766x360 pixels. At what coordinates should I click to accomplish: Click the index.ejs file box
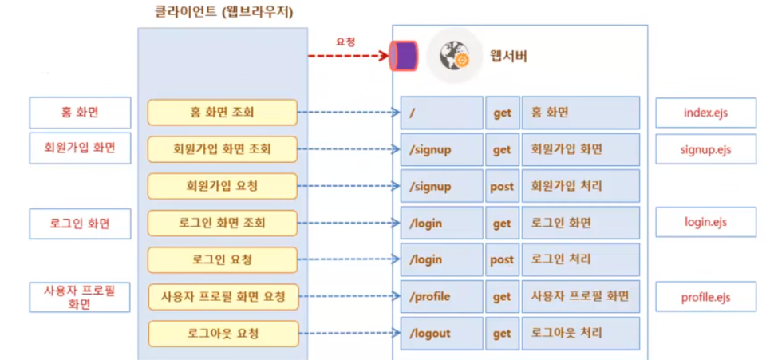tap(706, 113)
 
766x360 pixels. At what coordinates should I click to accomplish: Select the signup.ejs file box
tap(706, 149)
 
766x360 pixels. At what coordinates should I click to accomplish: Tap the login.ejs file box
tap(706, 223)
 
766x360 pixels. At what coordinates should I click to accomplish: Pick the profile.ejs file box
tap(706, 298)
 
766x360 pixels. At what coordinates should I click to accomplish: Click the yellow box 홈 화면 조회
tap(223, 113)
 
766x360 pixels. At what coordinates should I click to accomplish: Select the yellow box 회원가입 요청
tap(223, 186)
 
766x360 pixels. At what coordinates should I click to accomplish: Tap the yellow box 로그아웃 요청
tap(223, 333)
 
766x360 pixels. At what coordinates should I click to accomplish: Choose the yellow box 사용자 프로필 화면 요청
tap(223, 298)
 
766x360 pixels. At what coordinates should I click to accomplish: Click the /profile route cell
tap(442, 297)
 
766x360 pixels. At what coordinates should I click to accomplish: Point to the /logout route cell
tap(442, 333)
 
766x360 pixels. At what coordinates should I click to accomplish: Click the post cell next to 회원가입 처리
tap(502, 186)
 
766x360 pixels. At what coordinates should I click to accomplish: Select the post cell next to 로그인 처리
tap(502, 259)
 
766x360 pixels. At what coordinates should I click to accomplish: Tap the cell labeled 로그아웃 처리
tap(581, 333)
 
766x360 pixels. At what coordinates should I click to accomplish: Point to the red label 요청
tap(345, 40)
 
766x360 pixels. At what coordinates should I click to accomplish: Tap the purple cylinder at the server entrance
tap(404, 57)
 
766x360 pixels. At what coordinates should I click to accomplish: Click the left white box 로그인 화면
tap(80, 224)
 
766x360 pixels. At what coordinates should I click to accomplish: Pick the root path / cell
tap(442, 113)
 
